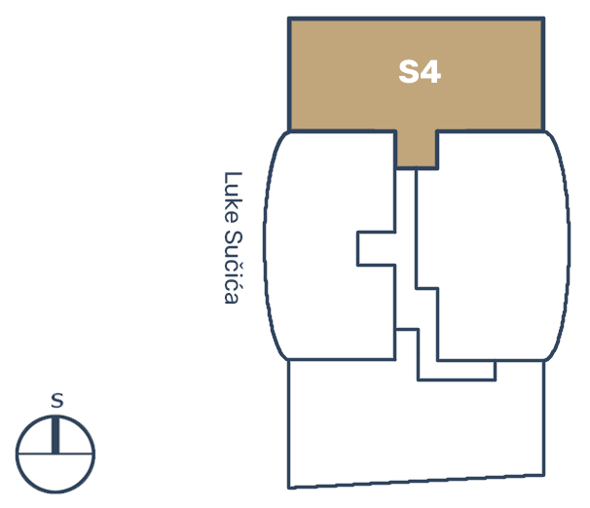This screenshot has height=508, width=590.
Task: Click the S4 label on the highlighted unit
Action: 420,72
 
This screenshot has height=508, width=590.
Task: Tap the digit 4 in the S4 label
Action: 430,72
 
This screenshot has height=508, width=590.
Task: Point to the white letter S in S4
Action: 409,72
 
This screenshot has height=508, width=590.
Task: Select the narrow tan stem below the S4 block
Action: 417,150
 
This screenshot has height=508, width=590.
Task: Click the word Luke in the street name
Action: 233,198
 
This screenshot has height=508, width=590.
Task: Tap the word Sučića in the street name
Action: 233,267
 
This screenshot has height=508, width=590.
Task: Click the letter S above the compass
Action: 57,400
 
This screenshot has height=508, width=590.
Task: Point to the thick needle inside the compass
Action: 55,435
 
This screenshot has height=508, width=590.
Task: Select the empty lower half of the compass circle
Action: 55,472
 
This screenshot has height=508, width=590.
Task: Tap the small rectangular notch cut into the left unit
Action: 376,249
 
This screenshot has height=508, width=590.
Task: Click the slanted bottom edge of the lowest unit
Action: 417,482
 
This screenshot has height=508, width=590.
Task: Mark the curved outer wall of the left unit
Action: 266,245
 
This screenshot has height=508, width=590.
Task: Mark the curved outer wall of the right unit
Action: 568,246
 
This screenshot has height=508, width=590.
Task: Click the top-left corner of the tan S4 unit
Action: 289,18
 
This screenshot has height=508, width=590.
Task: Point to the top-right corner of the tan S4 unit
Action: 543,18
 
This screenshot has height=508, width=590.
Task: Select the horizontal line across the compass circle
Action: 55,454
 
